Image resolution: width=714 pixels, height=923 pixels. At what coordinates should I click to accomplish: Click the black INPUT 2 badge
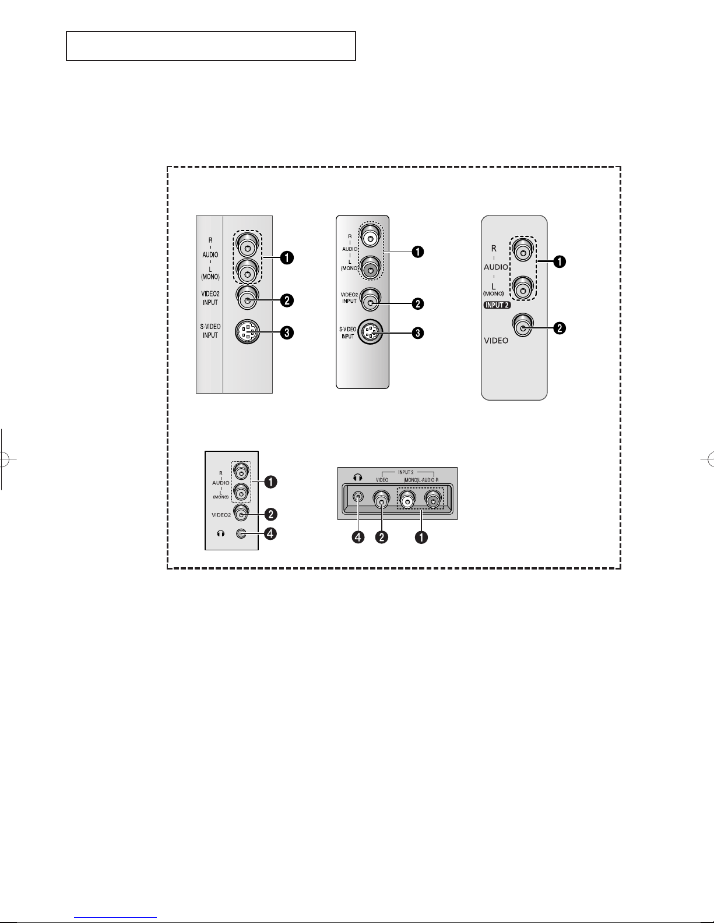click(497, 305)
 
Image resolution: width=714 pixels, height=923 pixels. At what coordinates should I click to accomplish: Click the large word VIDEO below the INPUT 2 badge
click(496, 341)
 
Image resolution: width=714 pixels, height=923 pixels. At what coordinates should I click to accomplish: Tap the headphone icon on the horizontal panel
click(357, 478)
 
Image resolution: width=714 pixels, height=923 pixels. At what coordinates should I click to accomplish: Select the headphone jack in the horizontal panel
click(358, 496)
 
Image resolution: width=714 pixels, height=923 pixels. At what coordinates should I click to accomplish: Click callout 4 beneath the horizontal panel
click(358, 537)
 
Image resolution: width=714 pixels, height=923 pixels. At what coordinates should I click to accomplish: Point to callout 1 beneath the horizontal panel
click(421, 537)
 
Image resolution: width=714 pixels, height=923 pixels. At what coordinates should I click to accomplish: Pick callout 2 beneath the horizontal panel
click(382, 537)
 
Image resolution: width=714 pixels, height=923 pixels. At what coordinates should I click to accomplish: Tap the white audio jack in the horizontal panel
click(407, 500)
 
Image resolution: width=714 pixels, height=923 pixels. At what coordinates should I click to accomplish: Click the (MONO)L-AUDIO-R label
click(421, 480)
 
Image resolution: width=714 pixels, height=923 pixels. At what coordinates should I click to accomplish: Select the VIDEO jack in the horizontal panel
click(381, 500)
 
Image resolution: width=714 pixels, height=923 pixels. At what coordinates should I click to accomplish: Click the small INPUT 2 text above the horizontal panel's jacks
click(406, 472)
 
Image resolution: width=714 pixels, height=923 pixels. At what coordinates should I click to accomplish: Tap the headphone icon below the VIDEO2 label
click(220, 533)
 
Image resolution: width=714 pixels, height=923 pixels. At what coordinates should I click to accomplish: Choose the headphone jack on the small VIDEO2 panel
click(241, 533)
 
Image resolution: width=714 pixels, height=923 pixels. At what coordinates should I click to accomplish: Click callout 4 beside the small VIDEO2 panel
click(270, 533)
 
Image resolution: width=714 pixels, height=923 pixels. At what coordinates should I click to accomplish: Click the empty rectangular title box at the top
click(211, 46)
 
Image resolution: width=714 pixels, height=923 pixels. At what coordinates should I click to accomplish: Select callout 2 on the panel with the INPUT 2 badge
click(560, 328)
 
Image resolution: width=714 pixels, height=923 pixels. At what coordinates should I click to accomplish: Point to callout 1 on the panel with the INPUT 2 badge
click(560, 261)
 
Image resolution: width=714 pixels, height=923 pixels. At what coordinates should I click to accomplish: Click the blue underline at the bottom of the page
click(115, 918)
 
